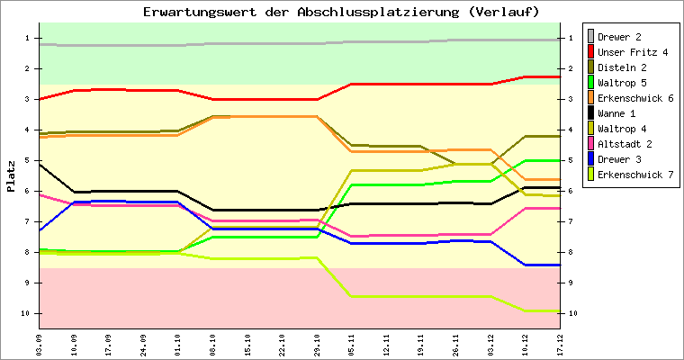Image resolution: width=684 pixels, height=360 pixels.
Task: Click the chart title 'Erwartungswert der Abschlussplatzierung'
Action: pyautogui.click(x=341, y=12)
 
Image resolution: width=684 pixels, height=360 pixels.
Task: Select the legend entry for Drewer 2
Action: pyautogui.click(x=619, y=37)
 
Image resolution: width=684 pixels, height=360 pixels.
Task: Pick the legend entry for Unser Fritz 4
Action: pyautogui.click(x=633, y=52)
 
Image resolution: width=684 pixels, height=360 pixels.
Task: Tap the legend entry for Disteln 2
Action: pyautogui.click(x=623, y=67)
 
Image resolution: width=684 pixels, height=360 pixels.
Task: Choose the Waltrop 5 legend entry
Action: pyautogui.click(x=623, y=83)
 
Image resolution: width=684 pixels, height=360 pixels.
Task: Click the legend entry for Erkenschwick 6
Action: pyautogui.click(x=635, y=98)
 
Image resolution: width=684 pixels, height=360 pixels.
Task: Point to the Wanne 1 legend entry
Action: pyautogui.click(x=616, y=113)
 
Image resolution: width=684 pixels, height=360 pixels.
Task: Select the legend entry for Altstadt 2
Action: pyautogui.click(x=625, y=144)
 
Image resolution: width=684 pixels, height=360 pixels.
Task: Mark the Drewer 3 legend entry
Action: pyautogui.click(x=619, y=159)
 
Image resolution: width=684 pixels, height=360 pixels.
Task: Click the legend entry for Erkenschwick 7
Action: pyautogui.click(x=635, y=175)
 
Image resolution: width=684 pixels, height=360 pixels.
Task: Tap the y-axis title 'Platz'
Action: pyautogui.click(x=12, y=176)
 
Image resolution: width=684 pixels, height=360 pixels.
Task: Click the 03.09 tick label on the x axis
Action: pyautogui.click(x=40, y=344)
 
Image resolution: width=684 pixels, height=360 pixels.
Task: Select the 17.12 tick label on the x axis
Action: pyautogui.click(x=559, y=344)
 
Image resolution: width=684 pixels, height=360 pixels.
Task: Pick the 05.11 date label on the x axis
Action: pyautogui.click(x=351, y=344)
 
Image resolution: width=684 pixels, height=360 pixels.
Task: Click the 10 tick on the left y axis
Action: pyautogui.click(x=28, y=313)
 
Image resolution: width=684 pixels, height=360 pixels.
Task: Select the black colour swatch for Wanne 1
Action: pyautogui.click(x=590, y=113)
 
